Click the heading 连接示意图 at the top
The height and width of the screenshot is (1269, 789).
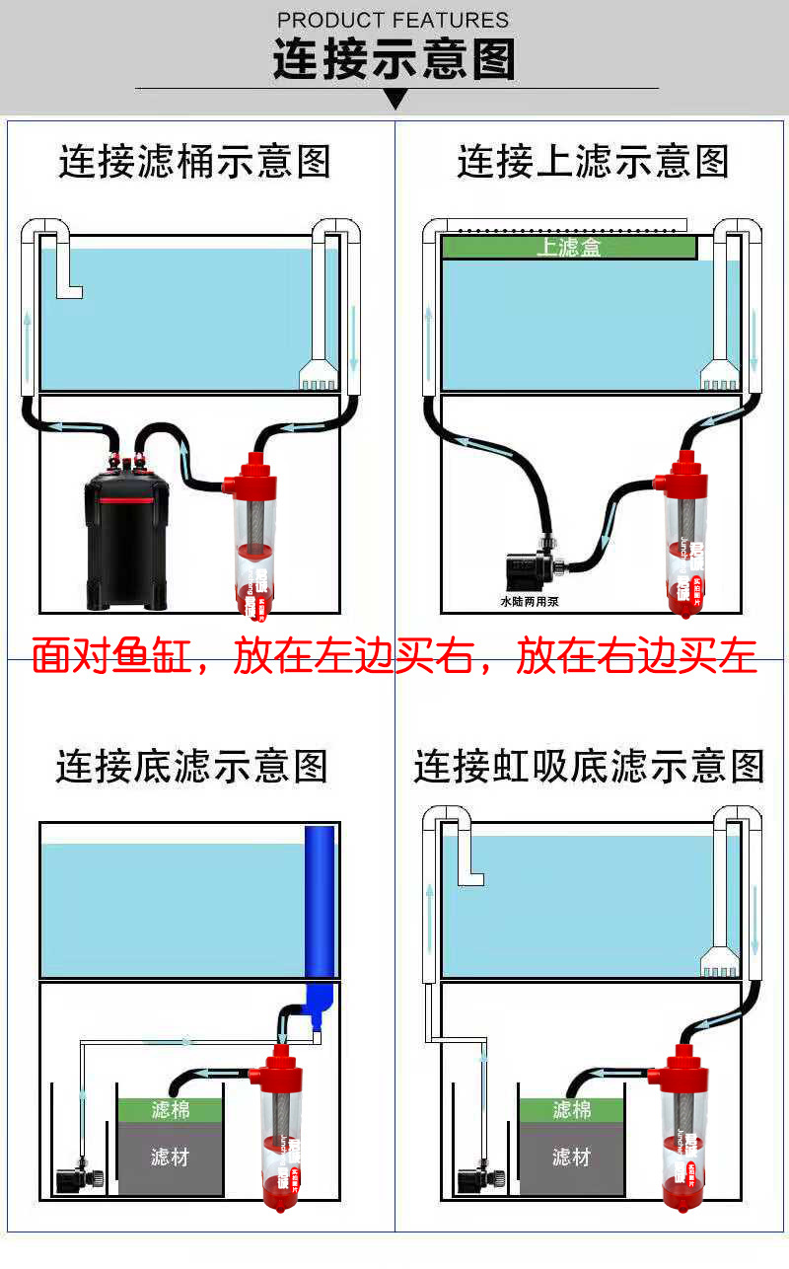394,59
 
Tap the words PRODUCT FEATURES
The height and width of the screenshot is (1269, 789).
394,20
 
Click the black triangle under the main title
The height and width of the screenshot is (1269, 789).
395,99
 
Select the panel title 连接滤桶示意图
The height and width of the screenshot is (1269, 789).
194,162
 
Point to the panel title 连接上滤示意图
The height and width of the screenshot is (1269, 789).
592,162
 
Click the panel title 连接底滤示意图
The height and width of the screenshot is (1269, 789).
191,767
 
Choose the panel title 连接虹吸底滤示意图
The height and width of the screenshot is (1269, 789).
589,767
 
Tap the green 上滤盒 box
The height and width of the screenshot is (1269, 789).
569,247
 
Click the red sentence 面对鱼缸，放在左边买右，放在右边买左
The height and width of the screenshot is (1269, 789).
394,656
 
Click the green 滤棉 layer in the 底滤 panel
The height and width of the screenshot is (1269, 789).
170,1110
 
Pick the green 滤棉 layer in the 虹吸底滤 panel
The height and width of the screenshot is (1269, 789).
571,1110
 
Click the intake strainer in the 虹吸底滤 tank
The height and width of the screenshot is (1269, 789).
720,962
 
